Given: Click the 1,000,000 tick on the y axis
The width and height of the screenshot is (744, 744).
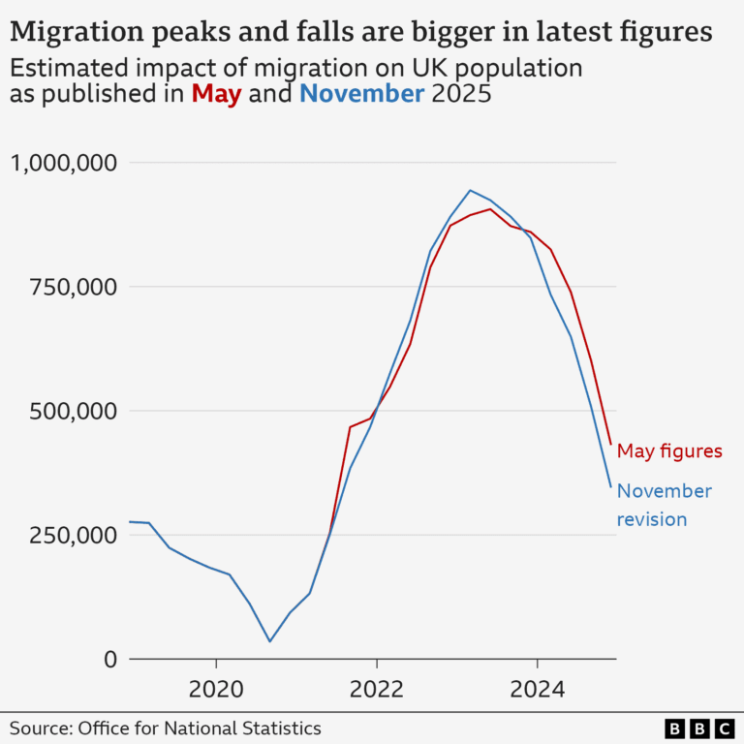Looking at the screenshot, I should (63, 162).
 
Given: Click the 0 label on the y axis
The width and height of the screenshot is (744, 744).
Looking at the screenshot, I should (109, 659).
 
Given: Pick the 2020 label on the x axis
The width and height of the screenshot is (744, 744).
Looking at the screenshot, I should (215, 690).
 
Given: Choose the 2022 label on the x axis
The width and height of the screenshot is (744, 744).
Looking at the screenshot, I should (376, 690).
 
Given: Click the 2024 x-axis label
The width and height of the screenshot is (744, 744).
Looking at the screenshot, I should (537, 690).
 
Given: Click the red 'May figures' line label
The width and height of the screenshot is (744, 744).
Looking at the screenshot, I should (669, 450).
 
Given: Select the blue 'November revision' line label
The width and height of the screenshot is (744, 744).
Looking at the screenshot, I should (664, 505).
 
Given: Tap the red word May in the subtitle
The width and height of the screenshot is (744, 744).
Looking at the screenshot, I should (216, 94).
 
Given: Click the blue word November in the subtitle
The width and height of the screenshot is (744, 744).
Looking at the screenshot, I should (361, 94).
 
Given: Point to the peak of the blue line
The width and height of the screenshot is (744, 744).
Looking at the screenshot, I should (471, 190).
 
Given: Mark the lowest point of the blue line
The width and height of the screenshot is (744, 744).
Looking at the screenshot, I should (269, 641).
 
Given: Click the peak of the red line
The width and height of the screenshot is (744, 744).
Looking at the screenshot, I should (491, 208).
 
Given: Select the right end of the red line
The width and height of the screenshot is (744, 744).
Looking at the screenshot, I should (610, 445).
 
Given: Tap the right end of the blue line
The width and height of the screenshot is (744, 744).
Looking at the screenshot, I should (610, 486).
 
